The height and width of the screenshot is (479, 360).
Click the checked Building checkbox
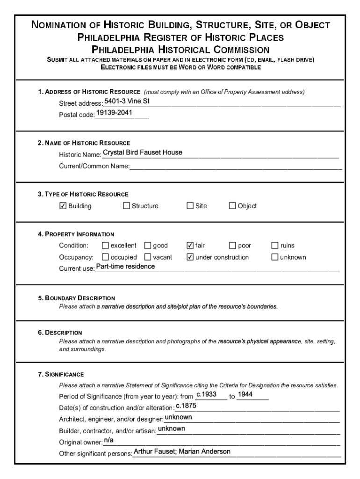63,206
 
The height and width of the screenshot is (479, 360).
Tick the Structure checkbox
126,206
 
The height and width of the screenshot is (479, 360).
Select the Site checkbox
190,206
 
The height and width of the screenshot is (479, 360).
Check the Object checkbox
232,206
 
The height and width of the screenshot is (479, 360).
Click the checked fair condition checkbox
190,246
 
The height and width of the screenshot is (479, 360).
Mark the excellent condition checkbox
105,246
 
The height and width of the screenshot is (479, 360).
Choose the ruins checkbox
275,246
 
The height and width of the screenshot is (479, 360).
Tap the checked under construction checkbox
190,257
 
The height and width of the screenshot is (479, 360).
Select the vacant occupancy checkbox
148,257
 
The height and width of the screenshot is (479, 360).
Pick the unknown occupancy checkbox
275,257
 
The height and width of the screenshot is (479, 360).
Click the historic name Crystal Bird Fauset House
143,152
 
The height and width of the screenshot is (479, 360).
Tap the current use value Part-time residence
125,267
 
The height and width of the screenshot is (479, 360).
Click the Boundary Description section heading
76,298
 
